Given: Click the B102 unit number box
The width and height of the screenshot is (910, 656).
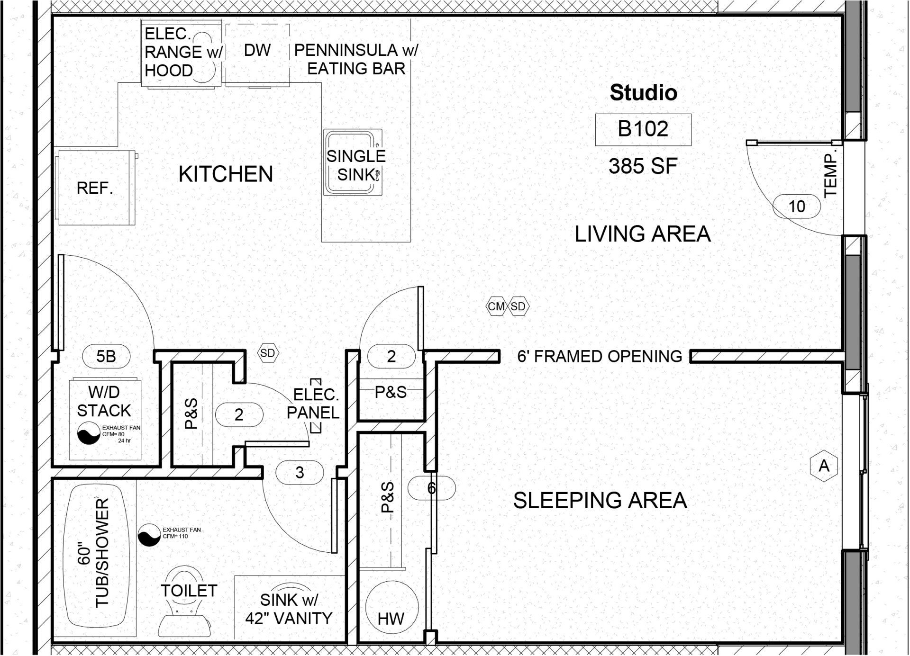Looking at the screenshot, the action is [x=643, y=129].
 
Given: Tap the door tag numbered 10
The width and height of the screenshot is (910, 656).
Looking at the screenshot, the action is [x=797, y=207].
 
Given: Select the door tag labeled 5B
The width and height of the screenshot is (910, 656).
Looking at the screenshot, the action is [x=106, y=356].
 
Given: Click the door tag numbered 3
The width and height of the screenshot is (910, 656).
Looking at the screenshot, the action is [x=300, y=472].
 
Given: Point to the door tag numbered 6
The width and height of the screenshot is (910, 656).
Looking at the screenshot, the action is [x=431, y=488].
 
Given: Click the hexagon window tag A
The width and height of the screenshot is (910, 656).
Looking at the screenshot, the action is [x=824, y=466].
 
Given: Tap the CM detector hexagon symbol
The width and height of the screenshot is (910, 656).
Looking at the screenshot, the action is [x=496, y=306].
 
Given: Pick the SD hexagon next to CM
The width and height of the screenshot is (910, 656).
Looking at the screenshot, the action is [x=518, y=306].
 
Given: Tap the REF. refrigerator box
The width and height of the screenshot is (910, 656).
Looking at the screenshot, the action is [x=96, y=188].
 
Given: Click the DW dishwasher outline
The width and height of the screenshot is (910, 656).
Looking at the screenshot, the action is [x=257, y=55].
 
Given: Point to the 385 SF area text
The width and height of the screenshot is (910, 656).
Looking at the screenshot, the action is [x=643, y=166].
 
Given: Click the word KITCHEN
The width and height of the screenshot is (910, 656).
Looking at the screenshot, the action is [x=226, y=174].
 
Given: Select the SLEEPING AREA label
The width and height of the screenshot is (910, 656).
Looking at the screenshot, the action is [x=600, y=501].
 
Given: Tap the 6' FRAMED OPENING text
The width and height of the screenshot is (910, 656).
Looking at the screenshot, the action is [x=600, y=356].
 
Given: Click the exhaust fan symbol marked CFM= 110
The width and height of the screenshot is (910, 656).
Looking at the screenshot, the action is [x=149, y=535].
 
